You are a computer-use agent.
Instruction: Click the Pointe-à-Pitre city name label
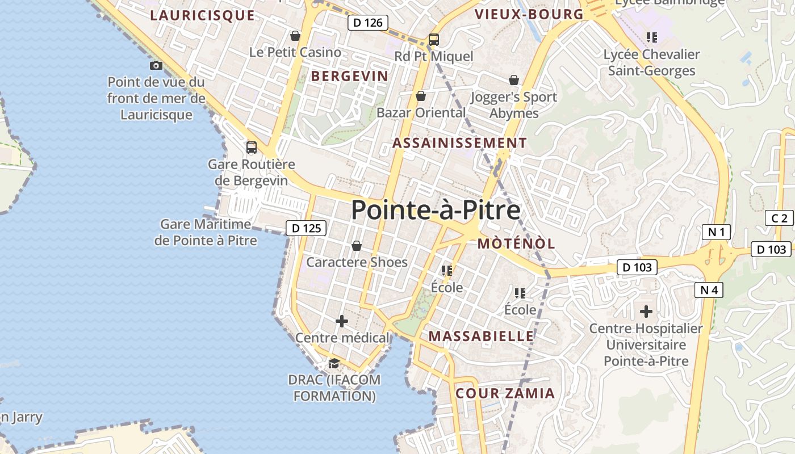coord(436,210)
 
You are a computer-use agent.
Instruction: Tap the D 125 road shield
coord(307,228)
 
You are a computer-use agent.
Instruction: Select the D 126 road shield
coord(368,23)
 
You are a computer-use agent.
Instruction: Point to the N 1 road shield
coord(716,232)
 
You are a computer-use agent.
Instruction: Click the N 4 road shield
coord(709,290)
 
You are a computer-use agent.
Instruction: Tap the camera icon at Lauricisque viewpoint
coord(156,66)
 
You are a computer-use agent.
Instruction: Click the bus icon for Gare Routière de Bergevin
coord(251,148)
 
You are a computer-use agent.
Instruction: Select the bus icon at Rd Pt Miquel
coord(434,40)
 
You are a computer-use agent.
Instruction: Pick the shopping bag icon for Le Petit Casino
coord(295,36)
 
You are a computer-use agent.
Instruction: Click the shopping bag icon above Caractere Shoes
coord(357,246)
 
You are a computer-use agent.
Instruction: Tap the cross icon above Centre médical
coord(342,322)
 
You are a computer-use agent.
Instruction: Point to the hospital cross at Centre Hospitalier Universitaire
coord(646,312)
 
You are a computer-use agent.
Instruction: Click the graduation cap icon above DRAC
coord(334,363)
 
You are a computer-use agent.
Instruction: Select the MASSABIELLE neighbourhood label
coord(481,336)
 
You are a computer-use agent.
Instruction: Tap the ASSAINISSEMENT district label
coord(459,143)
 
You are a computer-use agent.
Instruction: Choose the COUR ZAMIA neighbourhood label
coord(505,393)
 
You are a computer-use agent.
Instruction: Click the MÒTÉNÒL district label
coord(516,244)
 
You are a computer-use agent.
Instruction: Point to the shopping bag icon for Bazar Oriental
coord(421,96)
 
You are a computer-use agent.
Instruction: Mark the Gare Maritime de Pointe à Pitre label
coord(206,233)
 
